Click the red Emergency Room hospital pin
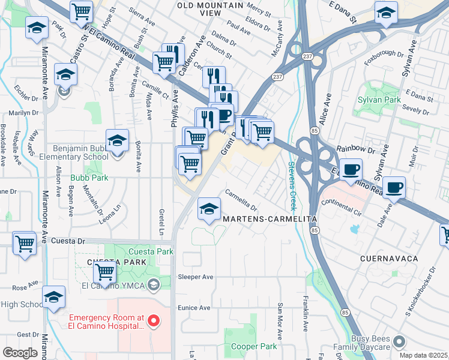[153, 321]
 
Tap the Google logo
[20, 353]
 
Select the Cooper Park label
[253, 346]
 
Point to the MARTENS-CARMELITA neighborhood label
[269, 219]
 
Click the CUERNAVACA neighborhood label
[388, 258]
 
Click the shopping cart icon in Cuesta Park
[105, 272]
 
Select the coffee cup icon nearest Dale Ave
[394, 187]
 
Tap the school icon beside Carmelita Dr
[209, 209]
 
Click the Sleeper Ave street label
[196, 277]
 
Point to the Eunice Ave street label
[193, 308]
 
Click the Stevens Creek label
[292, 185]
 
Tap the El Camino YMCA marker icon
[153, 284]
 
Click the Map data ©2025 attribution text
[424, 355]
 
